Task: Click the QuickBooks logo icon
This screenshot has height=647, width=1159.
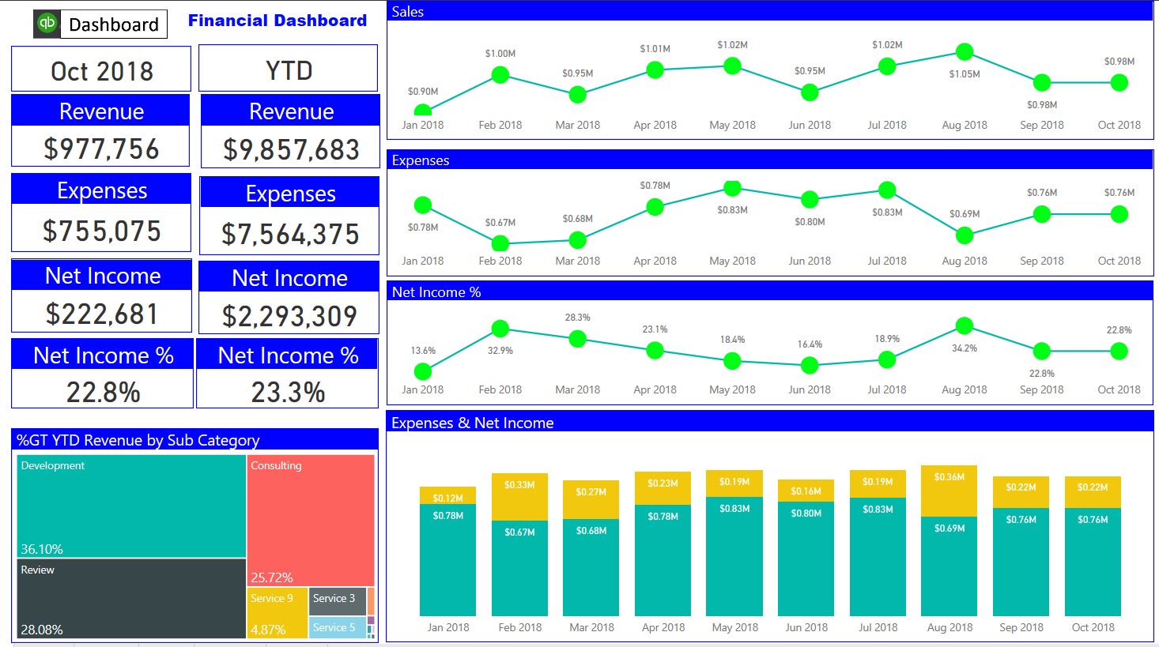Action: tap(47, 24)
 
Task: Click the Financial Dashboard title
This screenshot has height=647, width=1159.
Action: tap(277, 21)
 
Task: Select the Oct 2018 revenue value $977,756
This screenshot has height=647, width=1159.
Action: tap(101, 149)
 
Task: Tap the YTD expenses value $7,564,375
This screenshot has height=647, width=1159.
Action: tap(290, 234)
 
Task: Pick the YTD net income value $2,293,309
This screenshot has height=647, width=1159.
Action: tap(289, 316)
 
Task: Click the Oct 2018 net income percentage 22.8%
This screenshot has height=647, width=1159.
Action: tap(103, 392)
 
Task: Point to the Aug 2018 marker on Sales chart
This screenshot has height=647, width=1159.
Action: tap(964, 52)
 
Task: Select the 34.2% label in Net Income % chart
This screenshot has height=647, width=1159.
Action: tap(964, 348)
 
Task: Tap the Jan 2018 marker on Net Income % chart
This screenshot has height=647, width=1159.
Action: tap(423, 371)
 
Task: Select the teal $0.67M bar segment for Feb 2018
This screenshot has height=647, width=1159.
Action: tap(519, 567)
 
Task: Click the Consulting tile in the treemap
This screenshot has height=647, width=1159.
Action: tap(311, 517)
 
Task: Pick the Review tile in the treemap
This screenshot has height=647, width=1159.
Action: tap(131, 598)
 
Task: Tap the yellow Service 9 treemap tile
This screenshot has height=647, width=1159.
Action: tap(277, 612)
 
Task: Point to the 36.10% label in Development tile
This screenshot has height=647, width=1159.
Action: tap(42, 549)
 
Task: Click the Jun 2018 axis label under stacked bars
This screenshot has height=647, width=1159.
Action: tap(806, 627)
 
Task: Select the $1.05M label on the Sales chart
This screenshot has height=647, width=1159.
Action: tap(964, 74)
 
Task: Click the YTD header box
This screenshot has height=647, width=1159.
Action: tap(289, 70)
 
